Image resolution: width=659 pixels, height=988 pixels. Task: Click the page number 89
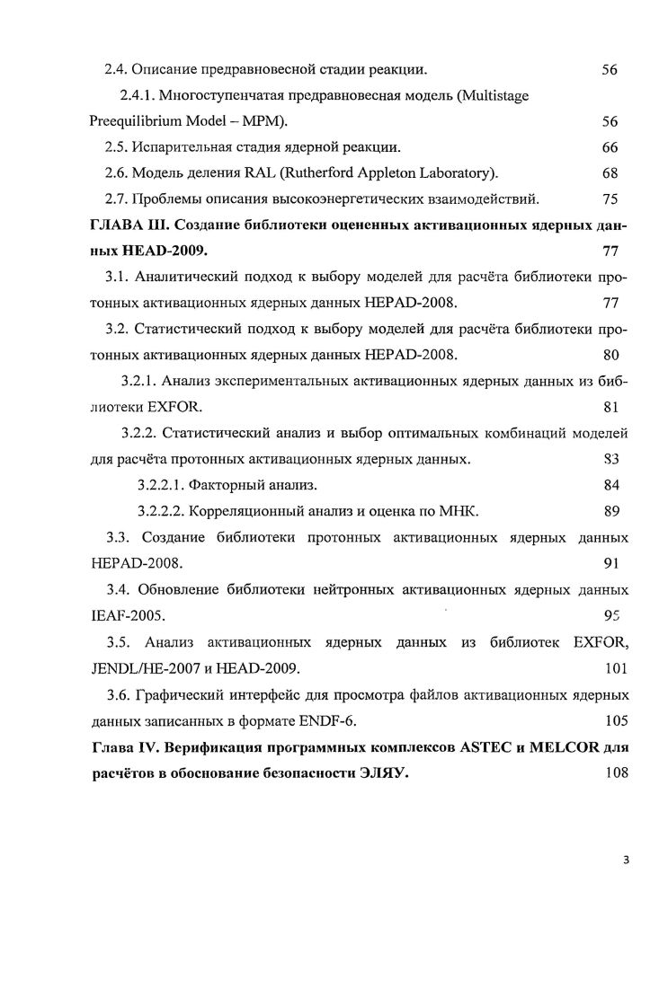(x=610, y=512)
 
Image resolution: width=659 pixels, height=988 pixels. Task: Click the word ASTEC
(x=466, y=747)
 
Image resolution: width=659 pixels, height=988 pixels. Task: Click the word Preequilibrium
(x=136, y=121)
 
